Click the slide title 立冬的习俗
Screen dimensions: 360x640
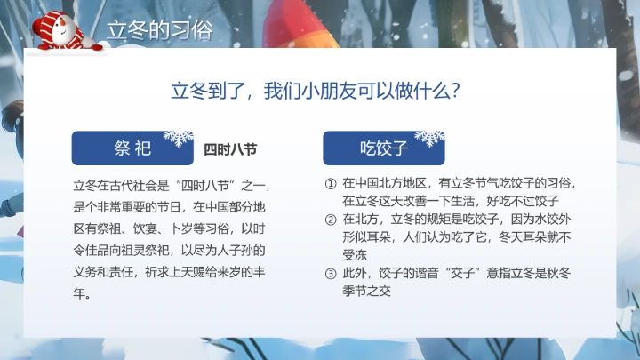click(160, 29)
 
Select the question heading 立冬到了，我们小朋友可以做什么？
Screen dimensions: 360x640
click(320, 91)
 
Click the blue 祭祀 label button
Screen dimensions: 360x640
click(133, 148)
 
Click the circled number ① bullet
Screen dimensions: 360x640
click(331, 184)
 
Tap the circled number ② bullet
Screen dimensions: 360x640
click(331, 219)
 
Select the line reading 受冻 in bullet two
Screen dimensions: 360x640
click(354, 254)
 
